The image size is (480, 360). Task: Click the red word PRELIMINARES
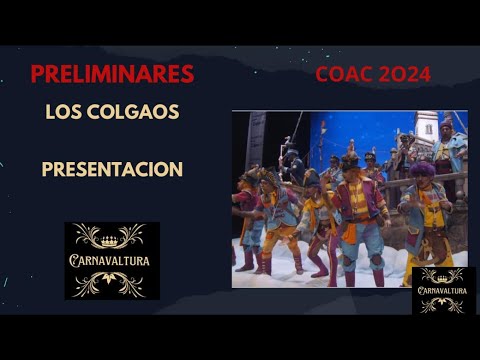coord(112,74)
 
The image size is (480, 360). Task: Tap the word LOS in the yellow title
coord(63,112)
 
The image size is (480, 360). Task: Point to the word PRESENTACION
coord(112,169)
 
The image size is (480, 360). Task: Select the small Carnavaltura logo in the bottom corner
coord(441,290)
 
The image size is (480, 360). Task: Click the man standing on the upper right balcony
coord(446,140)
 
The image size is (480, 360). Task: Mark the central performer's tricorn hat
coord(350,160)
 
